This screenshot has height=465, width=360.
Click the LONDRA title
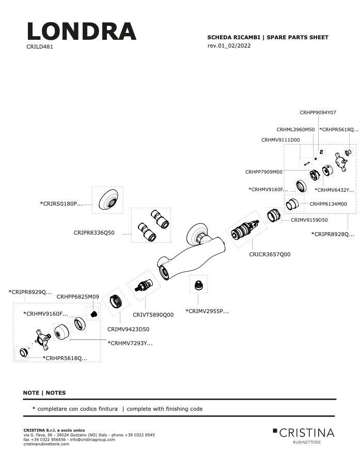point(82,31)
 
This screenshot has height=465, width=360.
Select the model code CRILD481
point(40,47)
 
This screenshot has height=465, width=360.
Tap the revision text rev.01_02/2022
point(229,45)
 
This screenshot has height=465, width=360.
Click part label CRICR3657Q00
point(270,254)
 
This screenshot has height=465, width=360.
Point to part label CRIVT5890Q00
point(153,315)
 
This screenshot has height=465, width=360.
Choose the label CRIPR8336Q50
point(94,233)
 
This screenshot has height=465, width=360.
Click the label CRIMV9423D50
point(128,329)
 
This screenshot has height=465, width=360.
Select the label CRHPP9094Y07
point(318,113)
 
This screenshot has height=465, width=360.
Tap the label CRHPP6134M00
point(328,204)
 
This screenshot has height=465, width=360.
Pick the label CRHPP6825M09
point(77,297)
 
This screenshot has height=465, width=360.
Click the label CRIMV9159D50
point(309,220)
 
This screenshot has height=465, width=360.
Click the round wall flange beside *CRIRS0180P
point(108,199)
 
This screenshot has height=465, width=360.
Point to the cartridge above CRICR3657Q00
point(246,230)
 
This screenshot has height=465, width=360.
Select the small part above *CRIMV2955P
point(198,285)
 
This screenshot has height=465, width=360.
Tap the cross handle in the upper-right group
point(341,162)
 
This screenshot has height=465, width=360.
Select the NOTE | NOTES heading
point(44,393)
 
